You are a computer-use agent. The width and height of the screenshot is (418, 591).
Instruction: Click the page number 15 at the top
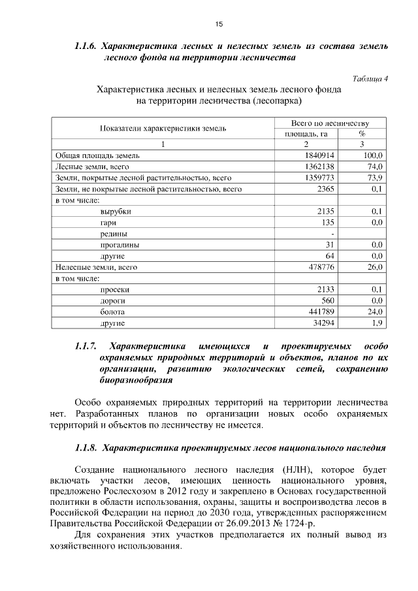(219, 24)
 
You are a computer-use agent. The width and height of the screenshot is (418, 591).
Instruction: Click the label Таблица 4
(370, 78)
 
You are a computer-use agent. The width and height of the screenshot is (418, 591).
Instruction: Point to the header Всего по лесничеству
(330, 122)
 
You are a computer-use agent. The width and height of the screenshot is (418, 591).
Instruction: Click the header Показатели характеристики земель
(163, 128)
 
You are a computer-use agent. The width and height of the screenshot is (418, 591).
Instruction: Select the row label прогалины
(119, 245)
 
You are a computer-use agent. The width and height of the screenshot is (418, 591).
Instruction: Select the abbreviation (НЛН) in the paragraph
(295, 470)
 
